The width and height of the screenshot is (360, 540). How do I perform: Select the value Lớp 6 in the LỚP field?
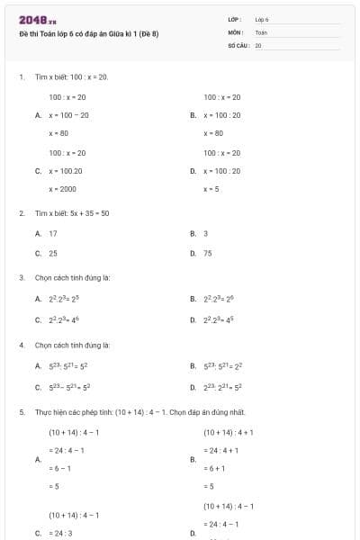[x=262, y=19]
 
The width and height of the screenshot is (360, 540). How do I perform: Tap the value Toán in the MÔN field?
[x=261, y=31]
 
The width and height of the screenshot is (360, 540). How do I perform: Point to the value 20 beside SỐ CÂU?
[x=258, y=45]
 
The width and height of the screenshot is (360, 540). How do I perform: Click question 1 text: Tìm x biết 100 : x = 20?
[x=71, y=77]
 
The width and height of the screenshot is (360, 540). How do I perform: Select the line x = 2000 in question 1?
[x=62, y=189]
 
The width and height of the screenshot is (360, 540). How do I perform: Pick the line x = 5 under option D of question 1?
[x=211, y=189]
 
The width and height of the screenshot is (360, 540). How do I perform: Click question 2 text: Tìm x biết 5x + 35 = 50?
[x=72, y=213]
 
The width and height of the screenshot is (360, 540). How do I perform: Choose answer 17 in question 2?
[x=53, y=233]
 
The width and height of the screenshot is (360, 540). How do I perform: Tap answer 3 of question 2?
[x=205, y=233]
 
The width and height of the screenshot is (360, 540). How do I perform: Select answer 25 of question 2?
[x=53, y=254]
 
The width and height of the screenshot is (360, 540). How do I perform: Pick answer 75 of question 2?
[x=208, y=254]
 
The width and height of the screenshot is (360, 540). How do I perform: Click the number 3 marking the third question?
[x=21, y=278]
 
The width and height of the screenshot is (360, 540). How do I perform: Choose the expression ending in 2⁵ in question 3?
[x=64, y=299]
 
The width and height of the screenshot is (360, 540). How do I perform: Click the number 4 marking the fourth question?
[x=21, y=345]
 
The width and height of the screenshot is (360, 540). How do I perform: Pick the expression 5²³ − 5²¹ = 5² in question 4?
[x=68, y=387]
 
